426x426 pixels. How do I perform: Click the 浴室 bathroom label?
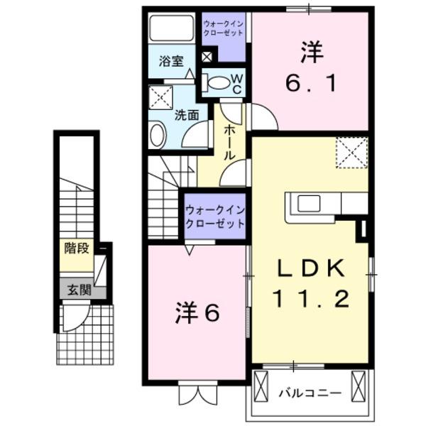(171, 61)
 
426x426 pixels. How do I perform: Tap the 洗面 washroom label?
(187, 113)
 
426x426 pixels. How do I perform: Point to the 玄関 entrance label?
(79, 289)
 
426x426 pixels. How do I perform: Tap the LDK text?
(310, 268)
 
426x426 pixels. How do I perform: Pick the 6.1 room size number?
(311, 83)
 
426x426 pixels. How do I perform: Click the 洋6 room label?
(197, 312)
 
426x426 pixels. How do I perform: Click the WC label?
(238, 82)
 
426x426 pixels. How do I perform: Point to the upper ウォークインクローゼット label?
(224, 28)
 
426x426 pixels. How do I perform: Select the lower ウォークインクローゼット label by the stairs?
(215, 216)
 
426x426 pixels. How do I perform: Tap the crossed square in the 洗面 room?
(160, 97)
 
